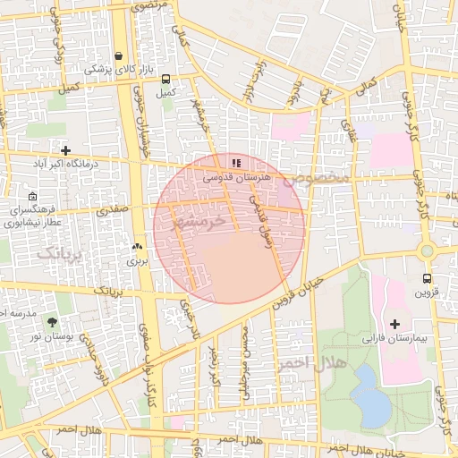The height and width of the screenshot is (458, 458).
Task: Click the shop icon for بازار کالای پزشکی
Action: point(118,55)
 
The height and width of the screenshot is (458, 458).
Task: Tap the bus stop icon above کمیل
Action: point(164,78)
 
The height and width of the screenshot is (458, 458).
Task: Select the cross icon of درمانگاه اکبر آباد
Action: point(64,150)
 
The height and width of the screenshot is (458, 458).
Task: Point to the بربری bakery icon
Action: point(137,247)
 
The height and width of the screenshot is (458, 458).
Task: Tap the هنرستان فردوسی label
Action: point(235,178)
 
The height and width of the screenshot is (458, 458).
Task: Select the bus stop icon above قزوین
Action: point(427,278)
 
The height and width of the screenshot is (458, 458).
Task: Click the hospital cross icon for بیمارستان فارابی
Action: point(395,323)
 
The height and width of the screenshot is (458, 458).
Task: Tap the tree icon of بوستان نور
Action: point(52,320)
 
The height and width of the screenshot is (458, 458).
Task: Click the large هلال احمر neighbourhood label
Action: point(298,362)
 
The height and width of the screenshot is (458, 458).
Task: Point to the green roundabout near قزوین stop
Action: point(427,251)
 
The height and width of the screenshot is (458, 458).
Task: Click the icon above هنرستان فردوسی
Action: point(236,163)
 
